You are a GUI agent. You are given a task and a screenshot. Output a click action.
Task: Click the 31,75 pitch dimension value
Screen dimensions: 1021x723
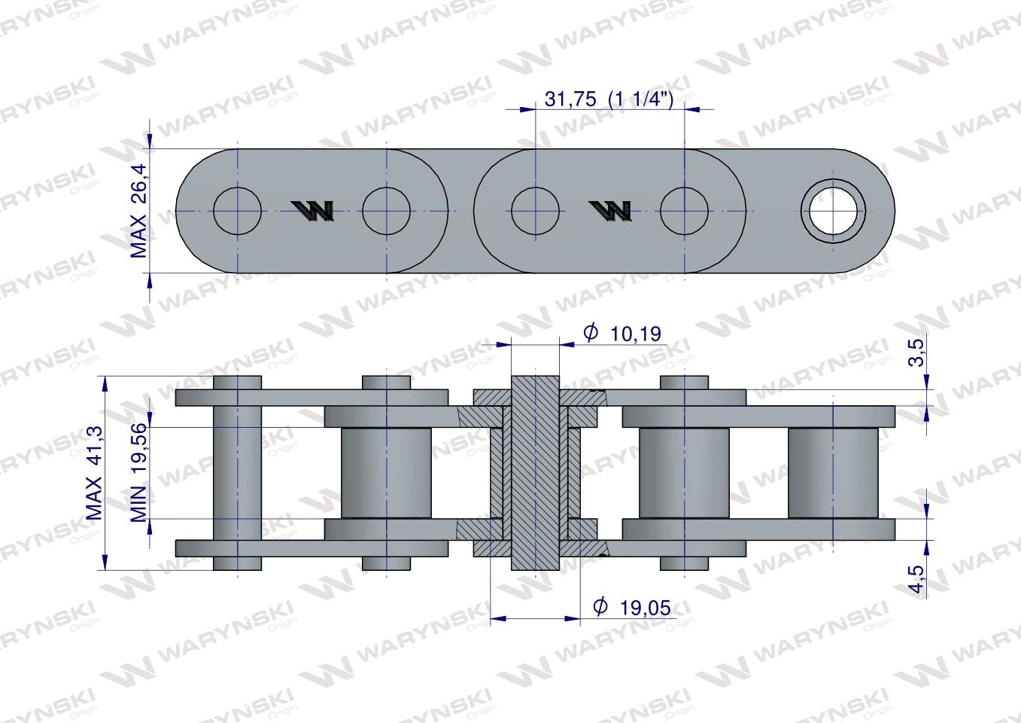click(x=570, y=99)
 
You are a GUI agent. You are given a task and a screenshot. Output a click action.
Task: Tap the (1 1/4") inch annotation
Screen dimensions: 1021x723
click(x=641, y=99)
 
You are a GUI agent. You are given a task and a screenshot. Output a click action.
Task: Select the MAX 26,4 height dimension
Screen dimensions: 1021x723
click(x=139, y=211)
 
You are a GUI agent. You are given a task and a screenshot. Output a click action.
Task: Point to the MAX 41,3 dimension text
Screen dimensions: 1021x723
click(x=94, y=472)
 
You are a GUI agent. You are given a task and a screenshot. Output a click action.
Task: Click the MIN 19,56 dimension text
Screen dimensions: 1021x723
click(x=139, y=472)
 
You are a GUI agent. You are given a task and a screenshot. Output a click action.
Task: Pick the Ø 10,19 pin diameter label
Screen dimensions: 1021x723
click(x=622, y=334)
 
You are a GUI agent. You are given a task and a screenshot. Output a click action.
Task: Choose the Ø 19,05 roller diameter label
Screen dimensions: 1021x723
click(x=632, y=607)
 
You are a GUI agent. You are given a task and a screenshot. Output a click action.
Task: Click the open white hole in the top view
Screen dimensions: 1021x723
click(x=833, y=211)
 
